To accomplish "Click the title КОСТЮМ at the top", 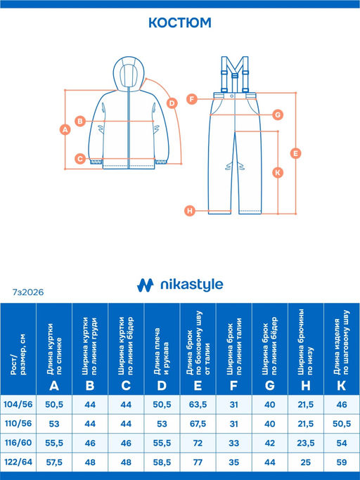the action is (x=180, y=22).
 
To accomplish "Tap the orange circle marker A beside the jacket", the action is (x=65, y=129).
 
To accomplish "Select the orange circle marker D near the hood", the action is (x=172, y=103).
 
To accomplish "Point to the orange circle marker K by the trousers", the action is (x=278, y=173).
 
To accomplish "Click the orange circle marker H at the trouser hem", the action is (x=190, y=211).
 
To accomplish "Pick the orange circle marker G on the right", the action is (x=278, y=115).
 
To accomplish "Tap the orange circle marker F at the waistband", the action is (x=192, y=99).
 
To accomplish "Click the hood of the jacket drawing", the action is (x=129, y=74).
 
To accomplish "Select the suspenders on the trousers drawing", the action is (x=235, y=74).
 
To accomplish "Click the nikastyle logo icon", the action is (x=146, y=285).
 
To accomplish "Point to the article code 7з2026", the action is (x=28, y=292).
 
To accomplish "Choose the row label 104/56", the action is (x=18, y=404).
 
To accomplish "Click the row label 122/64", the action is (x=18, y=462).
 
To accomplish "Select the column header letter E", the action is (x=198, y=386).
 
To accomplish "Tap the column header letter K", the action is (x=342, y=386).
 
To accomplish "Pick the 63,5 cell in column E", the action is (x=198, y=405).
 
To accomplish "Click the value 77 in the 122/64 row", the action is (x=198, y=462).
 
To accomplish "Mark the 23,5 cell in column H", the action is (x=306, y=443).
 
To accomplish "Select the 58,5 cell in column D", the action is (x=162, y=462).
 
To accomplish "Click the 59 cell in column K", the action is (x=342, y=462).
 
